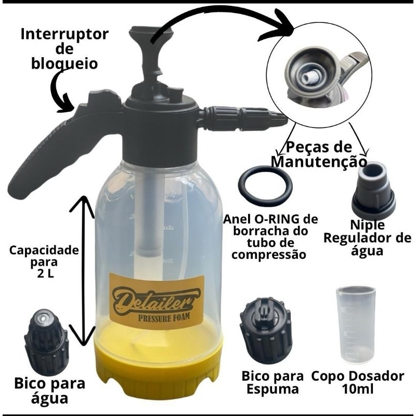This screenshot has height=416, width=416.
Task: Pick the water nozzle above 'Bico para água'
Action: coord(46,342)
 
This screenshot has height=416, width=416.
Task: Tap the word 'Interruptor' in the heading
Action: coord(64,34)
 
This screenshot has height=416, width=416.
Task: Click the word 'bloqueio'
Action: coord(64,63)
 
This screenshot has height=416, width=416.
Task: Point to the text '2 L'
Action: coord(45,274)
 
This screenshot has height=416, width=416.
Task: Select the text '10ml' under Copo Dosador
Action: coord(358,389)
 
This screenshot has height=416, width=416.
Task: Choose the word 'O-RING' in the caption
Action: coord(278,219)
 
